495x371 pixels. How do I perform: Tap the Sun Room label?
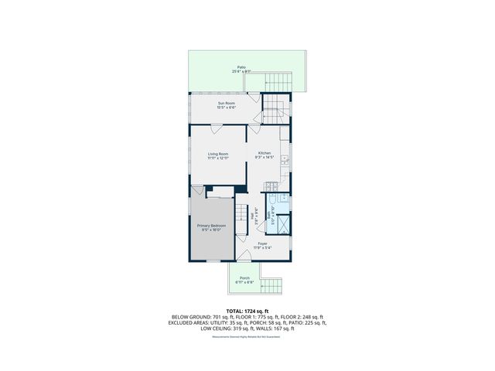coord(226,103)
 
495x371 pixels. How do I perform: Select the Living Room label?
coord(217,154)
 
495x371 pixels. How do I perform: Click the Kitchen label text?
coord(265,154)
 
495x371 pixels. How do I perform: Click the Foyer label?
coord(263,243)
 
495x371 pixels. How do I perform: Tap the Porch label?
coord(244,278)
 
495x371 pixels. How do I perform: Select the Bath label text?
coord(269,216)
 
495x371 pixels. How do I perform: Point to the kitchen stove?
coord(271,185)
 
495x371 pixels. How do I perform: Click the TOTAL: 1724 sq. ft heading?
coord(247,310)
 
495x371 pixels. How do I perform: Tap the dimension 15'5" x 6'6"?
coord(226,107)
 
